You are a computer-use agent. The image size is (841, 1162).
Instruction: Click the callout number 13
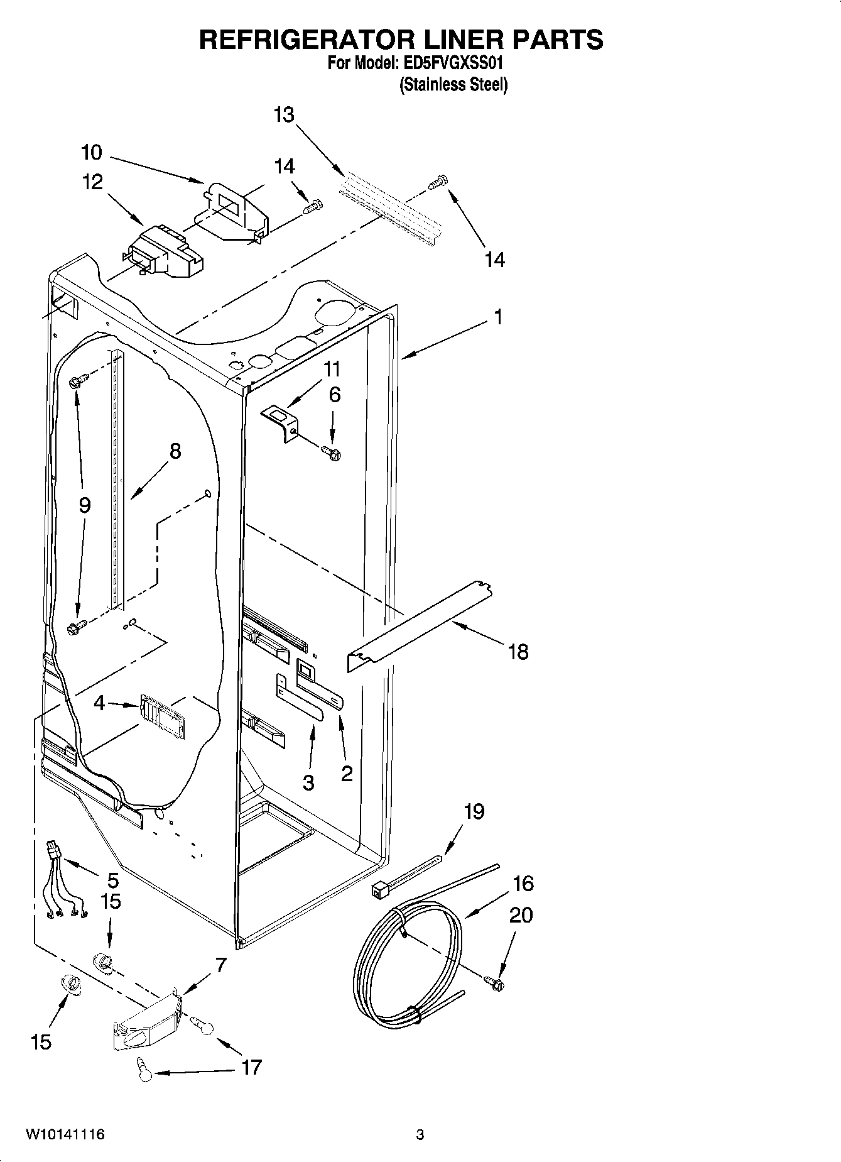click(x=284, y=116)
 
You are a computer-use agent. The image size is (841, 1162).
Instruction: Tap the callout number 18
click(x=518, y=652)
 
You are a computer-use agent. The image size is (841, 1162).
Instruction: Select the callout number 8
click(x=175, y=451)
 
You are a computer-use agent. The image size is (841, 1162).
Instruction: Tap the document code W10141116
click(x=65, y=1134)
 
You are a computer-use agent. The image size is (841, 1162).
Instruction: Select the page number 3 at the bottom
click(x=420, y=1134)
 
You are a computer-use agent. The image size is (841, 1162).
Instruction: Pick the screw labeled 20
click(x=495, y=980)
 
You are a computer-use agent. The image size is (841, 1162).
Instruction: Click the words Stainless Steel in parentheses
click(x=453, y=85)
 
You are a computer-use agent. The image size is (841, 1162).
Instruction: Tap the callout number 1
click(x=497, y=317)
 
